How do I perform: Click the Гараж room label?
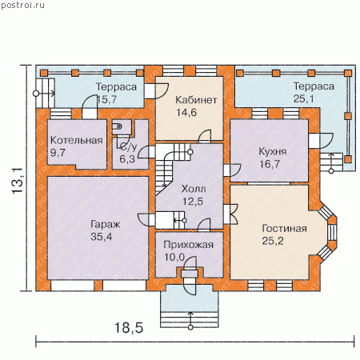click(106, 225)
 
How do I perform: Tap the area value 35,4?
click(102, 237)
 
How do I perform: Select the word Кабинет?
click(196, 100)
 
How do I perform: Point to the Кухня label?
click(273, 151)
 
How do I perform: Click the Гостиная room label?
click(284, 229)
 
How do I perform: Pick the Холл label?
click(194, 189)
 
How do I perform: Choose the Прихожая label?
click(189, 245)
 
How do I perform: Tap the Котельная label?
click(77, 140)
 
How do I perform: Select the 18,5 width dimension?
click(129, 328)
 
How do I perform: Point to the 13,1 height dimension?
click(18, 181)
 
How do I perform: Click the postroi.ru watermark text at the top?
click(22, 5)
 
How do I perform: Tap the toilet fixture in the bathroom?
click(117, 126)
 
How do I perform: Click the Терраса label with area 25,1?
click(314, 86)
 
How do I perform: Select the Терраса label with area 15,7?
click(116, 87)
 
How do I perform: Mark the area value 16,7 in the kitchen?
click(270, 164)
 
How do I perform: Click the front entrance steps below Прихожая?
click(190, 319)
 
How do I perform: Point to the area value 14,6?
click(186, 113)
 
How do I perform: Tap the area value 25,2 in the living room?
click(273, 241)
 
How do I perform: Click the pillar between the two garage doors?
click(98, 286)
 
